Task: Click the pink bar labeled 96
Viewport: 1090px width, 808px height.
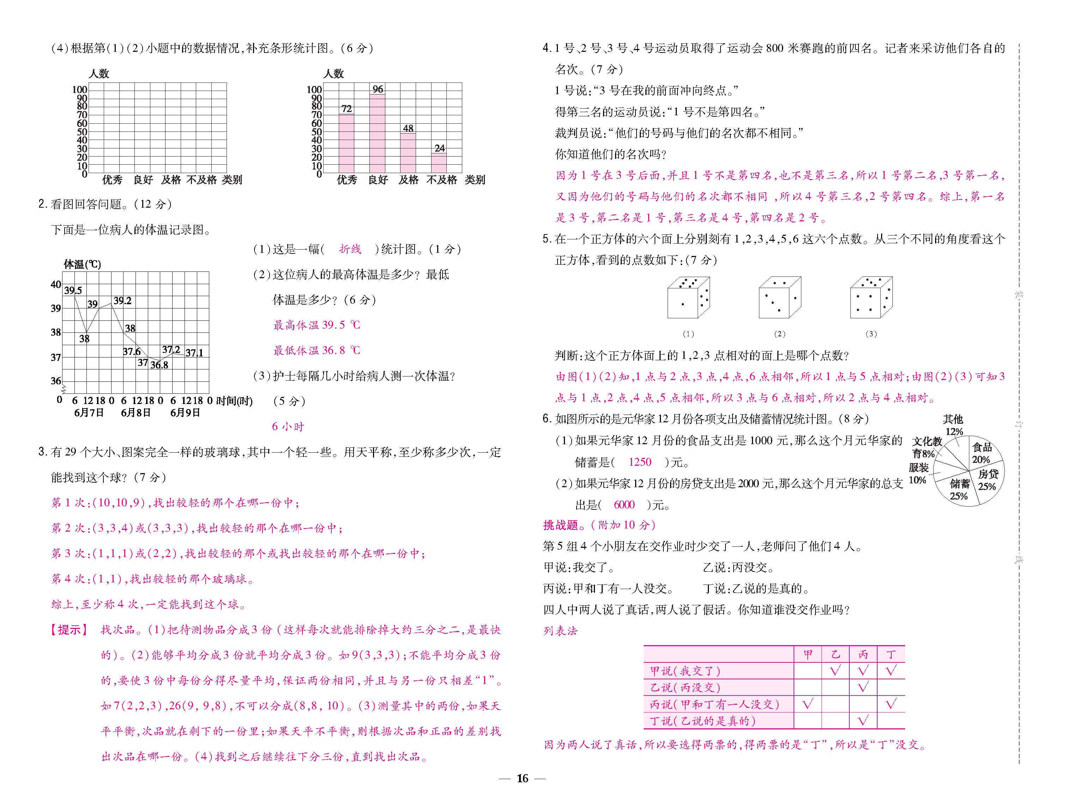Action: tap(377, 133)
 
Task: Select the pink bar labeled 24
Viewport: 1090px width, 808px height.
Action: tap(439, 163)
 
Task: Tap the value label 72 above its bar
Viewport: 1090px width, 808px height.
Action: tap(347, 109)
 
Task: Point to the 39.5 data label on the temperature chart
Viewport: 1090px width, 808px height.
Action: tap(73, 290)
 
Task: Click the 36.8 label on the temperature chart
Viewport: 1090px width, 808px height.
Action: tap(159, 365)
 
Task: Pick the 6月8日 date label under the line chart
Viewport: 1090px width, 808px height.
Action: tap(136, 413)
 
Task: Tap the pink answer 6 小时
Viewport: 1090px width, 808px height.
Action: tap(288, 427)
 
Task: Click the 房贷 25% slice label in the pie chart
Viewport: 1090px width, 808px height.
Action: tap(987, 480)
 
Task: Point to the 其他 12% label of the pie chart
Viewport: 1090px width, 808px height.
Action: tap(953, 425)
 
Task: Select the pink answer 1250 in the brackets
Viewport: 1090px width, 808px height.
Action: tap(640, 462)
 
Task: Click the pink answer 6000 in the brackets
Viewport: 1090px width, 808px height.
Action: tap(624, 505)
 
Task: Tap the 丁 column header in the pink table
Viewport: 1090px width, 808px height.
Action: tap(891, 654)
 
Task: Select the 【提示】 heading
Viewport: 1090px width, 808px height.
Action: tap(70, 630)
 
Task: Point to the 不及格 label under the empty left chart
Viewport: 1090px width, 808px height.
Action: tap(201, 180)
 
